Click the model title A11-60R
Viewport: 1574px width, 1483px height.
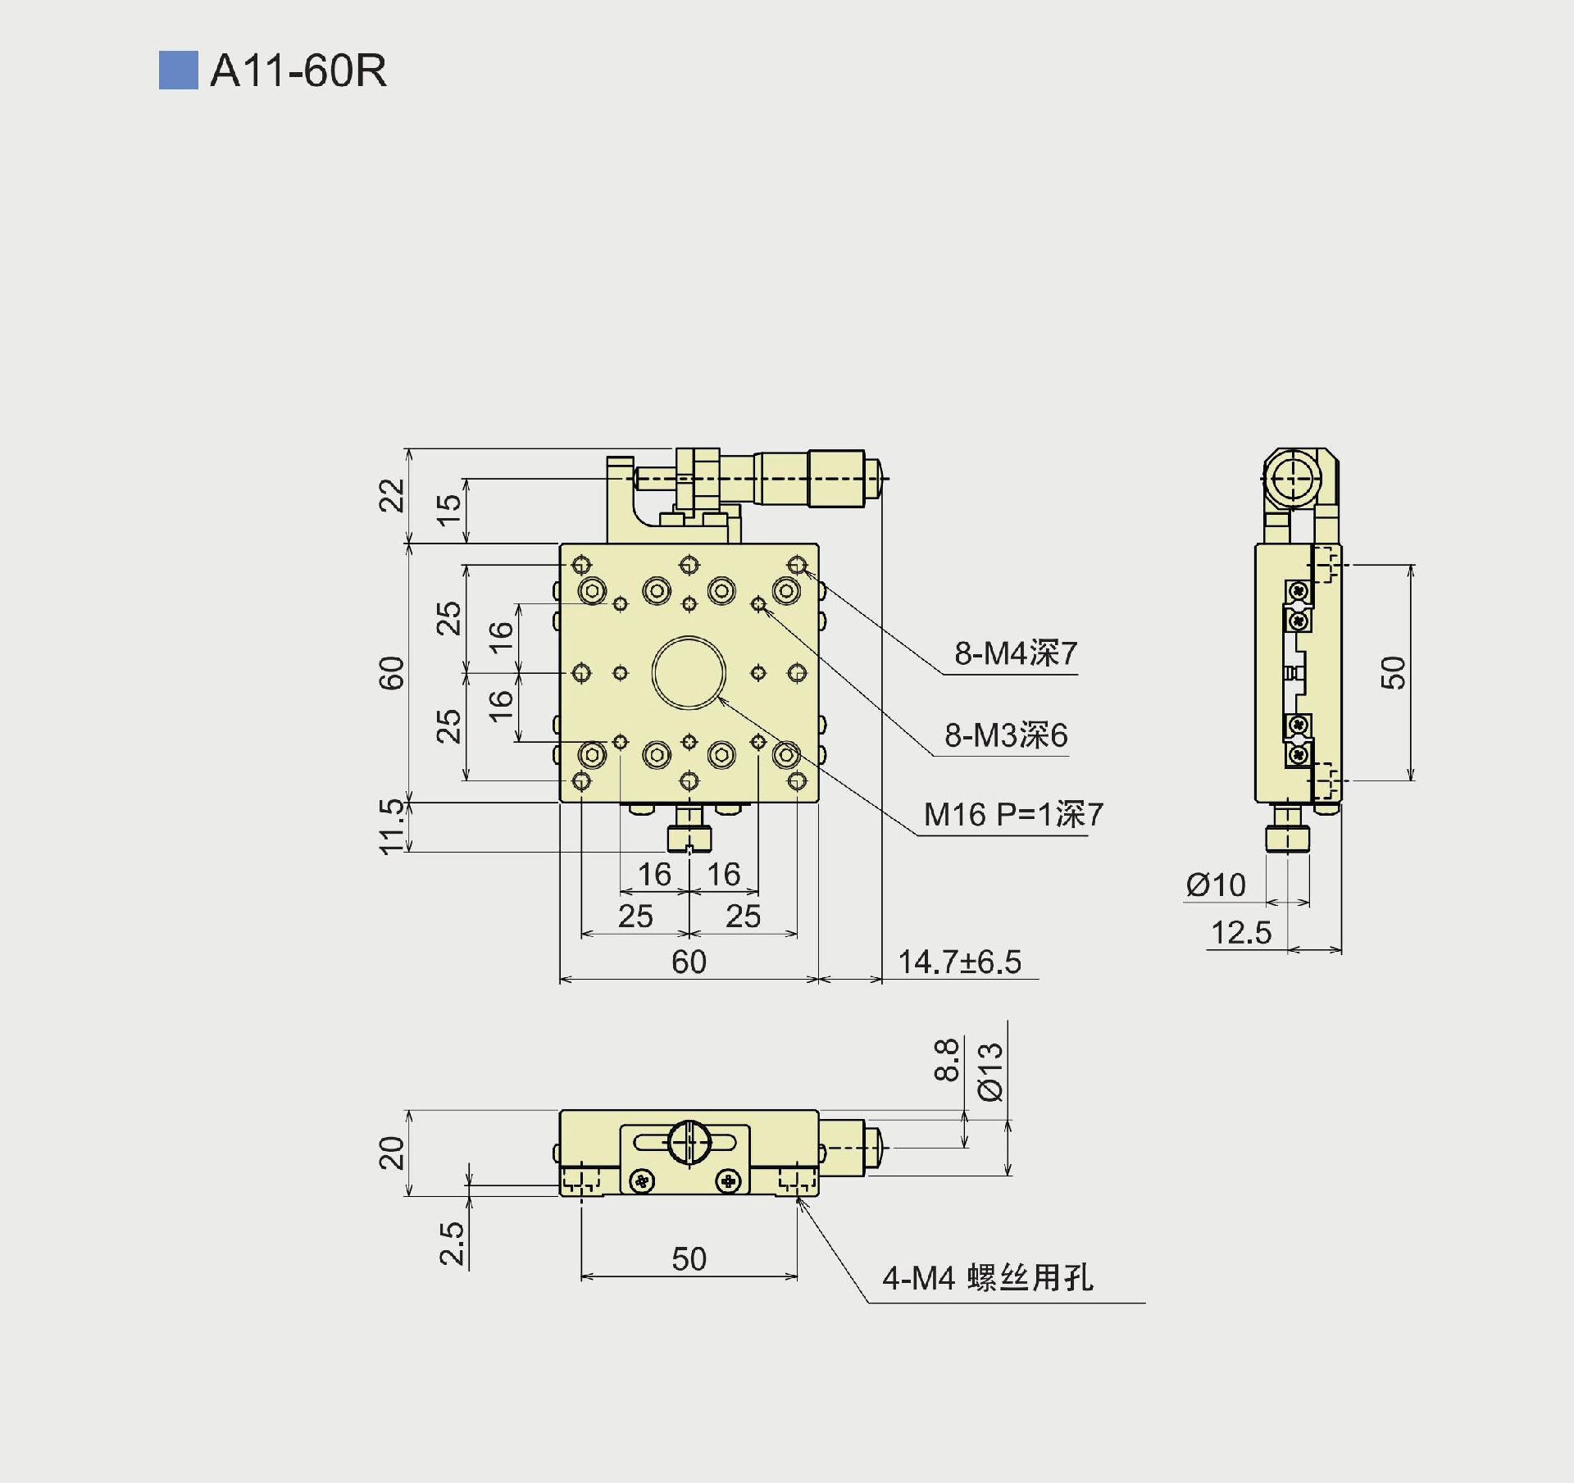(x=298, y=71)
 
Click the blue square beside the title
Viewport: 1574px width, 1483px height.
(x=178, y=71)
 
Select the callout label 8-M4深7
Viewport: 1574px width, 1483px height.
(x=1015, y=653)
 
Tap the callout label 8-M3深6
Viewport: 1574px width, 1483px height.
(x=1006, y=735)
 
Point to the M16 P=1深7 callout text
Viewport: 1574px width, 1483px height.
(x=1013, y=815)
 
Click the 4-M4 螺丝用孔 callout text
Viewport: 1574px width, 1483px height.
(x=987, y=1278)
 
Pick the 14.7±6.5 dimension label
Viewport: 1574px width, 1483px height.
(x=959, y=962)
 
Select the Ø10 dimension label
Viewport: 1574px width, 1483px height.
(x=1216, y=885)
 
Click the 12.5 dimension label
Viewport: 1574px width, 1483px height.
(x=1241, y=933)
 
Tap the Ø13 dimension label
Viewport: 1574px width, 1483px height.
(x=991, y=1072)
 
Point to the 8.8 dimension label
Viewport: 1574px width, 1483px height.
(x=947, y=1060)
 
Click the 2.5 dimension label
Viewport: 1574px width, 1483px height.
(x=452, y=1244)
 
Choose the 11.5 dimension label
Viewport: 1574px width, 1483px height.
(x=393, y=826)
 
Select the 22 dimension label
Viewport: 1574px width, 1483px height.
(x=393, y=495)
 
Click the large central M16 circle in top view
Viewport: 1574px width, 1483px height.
(x=689, y=672)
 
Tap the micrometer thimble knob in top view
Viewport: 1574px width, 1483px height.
(x=835, y=478)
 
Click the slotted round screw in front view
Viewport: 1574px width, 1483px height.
(x=689, y=1142)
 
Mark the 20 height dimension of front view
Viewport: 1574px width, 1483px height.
(x=393, y=1153)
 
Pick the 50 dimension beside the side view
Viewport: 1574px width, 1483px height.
(x=1393, y=672)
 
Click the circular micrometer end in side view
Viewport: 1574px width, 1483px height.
(x=1290, y=478)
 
